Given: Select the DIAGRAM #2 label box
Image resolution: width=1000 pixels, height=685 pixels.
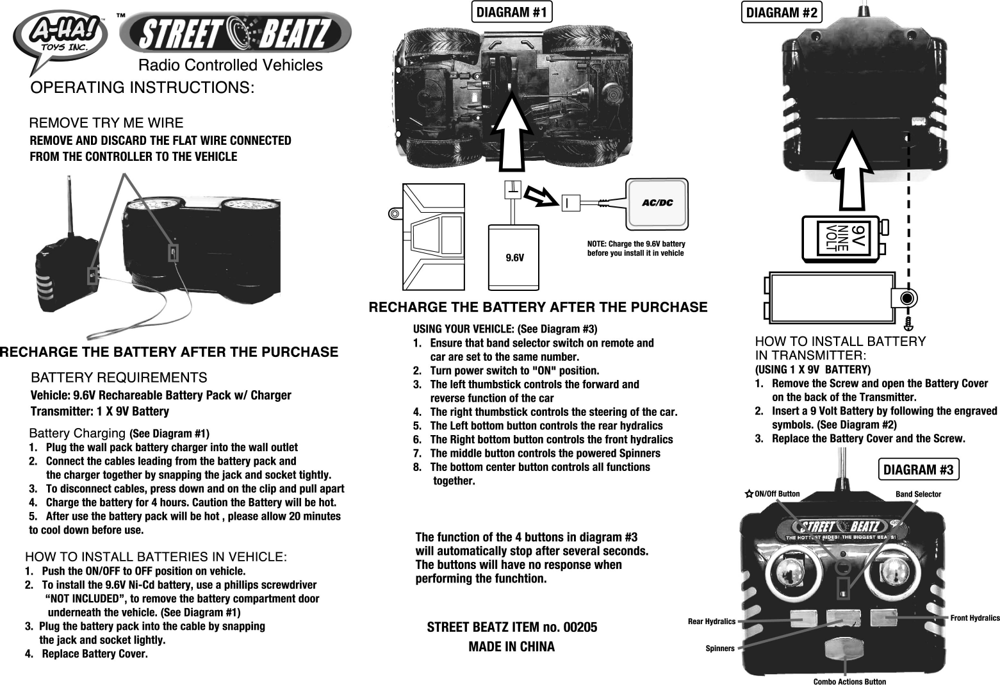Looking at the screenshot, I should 782,13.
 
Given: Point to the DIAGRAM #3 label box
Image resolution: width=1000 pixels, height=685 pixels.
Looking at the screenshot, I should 918,470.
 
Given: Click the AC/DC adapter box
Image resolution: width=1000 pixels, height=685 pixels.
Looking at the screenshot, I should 657,203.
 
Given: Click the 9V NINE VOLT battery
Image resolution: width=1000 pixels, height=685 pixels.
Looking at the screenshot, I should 842,238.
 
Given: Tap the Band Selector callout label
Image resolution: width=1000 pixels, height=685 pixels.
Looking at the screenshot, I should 918,494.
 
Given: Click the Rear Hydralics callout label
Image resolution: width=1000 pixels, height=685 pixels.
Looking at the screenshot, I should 711,621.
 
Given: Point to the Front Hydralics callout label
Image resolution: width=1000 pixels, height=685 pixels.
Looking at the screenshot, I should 974,618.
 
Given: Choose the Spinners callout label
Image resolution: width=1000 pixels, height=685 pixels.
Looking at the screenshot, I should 719,648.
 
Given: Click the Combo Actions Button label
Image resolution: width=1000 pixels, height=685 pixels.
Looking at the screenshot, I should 849,681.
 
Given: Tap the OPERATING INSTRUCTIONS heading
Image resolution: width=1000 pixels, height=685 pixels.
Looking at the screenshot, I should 143,87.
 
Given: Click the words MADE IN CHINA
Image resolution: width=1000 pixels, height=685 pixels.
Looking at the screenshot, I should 511,647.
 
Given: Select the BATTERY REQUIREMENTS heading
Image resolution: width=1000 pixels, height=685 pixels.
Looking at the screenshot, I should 119,377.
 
